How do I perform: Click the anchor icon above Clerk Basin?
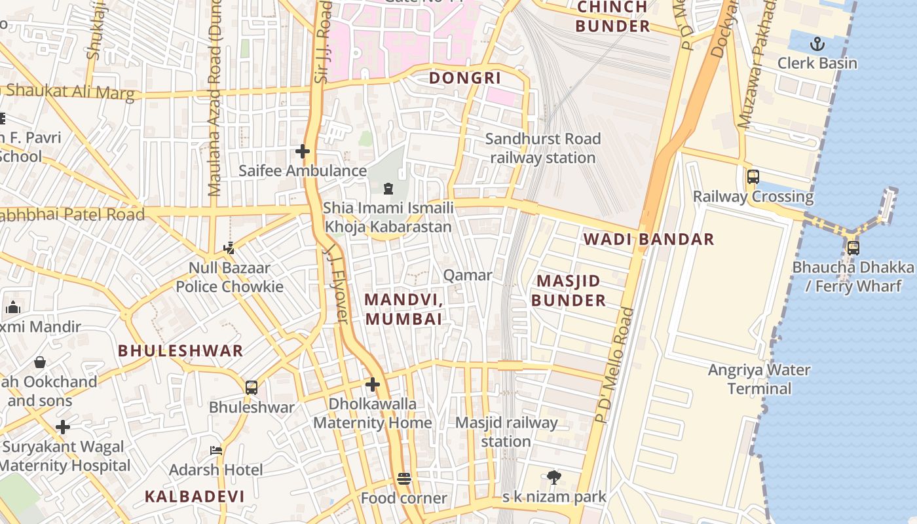[817, 44]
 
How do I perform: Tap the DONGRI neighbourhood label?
[464, 79]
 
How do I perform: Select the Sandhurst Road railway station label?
[542, 148]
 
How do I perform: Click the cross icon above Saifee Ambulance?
[302, 151]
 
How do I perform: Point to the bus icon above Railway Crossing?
[753, 176]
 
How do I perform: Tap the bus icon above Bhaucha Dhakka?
[853, 248]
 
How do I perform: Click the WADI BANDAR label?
[648, 239]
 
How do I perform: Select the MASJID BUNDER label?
[568, 291]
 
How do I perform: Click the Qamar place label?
[467, 275]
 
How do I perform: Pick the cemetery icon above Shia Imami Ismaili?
[388, 189]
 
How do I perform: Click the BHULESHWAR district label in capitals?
[180, 351]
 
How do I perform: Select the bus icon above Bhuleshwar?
[252, 387]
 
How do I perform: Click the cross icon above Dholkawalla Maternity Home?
[373, 384]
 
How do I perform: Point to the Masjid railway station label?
[506, 432]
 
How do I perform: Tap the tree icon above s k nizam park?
[554, 477]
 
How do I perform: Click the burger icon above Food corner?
[404, 479]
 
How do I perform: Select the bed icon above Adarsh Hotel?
[216, 451]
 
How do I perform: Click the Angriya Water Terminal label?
[758, 379]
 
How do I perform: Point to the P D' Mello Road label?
[614, 365]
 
